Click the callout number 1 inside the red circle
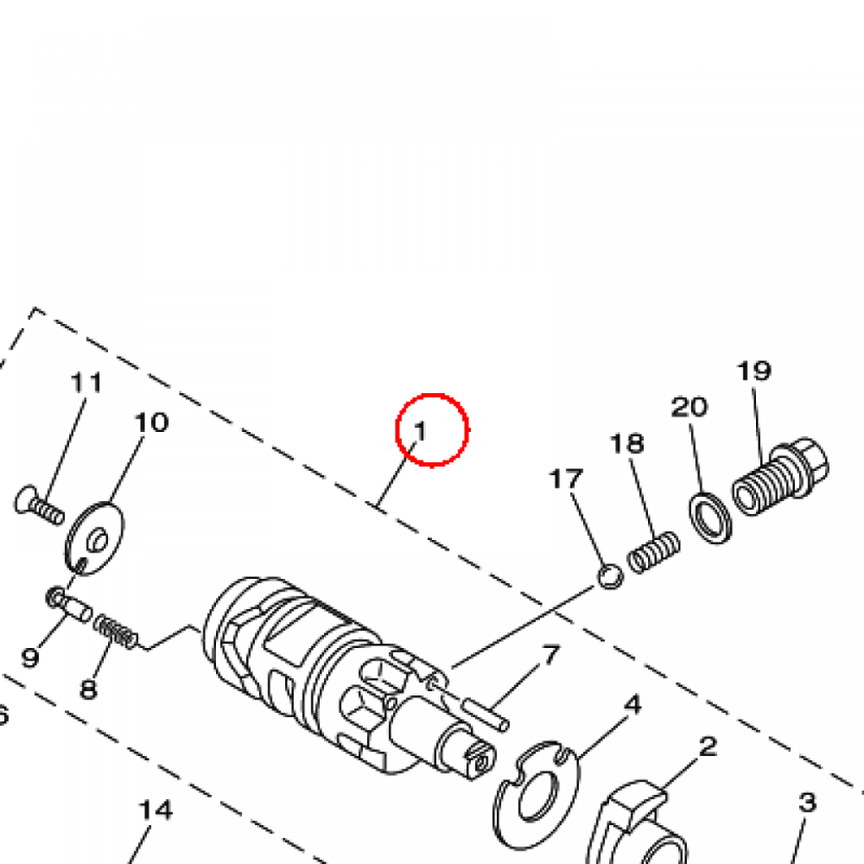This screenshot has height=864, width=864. click(420, 431)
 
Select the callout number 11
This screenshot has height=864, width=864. click(87, 382)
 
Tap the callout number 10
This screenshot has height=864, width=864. click(152, 423)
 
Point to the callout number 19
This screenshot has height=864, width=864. click(753, 371)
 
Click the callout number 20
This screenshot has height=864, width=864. click(688, 408)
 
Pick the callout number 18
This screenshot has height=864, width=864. click(627, 444)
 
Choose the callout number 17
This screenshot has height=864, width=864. click(566, 479)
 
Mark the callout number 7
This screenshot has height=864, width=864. click(551, 655)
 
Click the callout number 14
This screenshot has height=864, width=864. click(155, 810)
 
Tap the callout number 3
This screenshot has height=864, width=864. click(807, 802)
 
